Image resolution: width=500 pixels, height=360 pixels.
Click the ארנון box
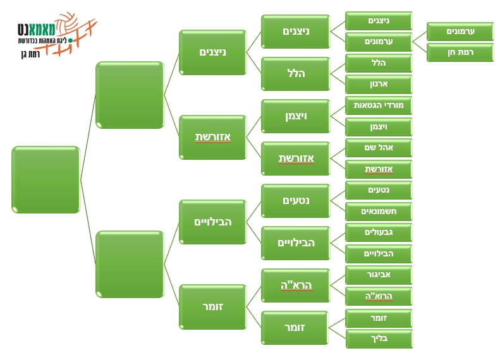(379, 84)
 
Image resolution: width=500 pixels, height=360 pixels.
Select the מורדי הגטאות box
(379, 105)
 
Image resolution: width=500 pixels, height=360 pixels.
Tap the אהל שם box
(379, 148)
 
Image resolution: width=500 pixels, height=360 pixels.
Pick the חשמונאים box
(379, 211)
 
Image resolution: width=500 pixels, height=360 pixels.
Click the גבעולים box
(379, 232)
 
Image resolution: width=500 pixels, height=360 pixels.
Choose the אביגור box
(379, 275)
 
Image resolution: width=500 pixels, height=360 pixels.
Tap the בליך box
(379, 339)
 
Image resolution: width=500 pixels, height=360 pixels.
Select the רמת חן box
(460, 52)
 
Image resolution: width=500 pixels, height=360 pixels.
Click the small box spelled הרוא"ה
(379, 296)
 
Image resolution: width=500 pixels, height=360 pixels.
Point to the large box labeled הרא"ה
(295, 285)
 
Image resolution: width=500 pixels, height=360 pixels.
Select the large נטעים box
(295, 201)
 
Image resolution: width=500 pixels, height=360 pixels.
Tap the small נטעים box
(379, 190)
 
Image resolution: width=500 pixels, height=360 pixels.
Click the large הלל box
(295, 74)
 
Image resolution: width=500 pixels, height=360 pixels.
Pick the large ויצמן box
(295, 116)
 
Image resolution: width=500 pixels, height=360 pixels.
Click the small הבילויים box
(379, 254)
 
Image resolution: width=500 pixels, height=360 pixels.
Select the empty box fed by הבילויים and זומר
(130, 264)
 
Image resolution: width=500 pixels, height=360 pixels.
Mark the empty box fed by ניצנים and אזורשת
(130, 95)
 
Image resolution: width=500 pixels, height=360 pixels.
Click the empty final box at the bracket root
(46, 179)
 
